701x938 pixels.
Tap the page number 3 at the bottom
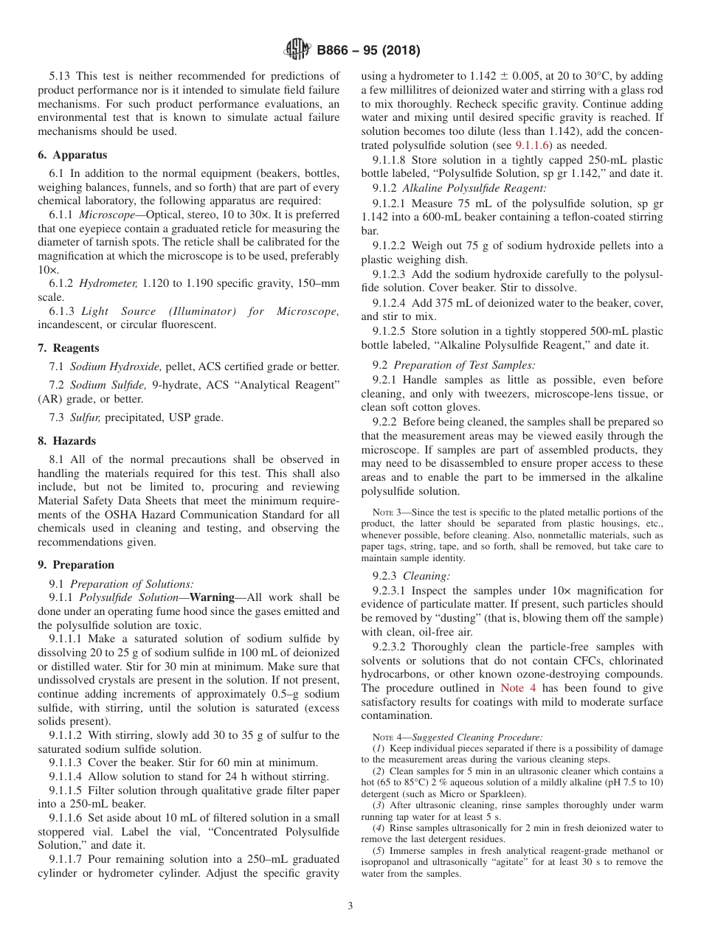[350, 906]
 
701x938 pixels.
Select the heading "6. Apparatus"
[72, 155]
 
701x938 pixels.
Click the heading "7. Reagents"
[69, 348]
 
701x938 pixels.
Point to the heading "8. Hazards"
[67, 441]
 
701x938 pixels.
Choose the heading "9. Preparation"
[76, 565]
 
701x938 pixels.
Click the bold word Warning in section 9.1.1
[212, 597]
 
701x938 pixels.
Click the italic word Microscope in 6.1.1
[108, 215]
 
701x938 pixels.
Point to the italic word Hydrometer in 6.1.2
[108, 283]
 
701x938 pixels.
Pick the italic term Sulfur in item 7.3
[86, 417]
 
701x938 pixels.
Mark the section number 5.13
[61, 76]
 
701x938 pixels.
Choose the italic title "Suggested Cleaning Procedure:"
[477, 737]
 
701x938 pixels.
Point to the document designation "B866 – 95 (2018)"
[368, 51]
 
